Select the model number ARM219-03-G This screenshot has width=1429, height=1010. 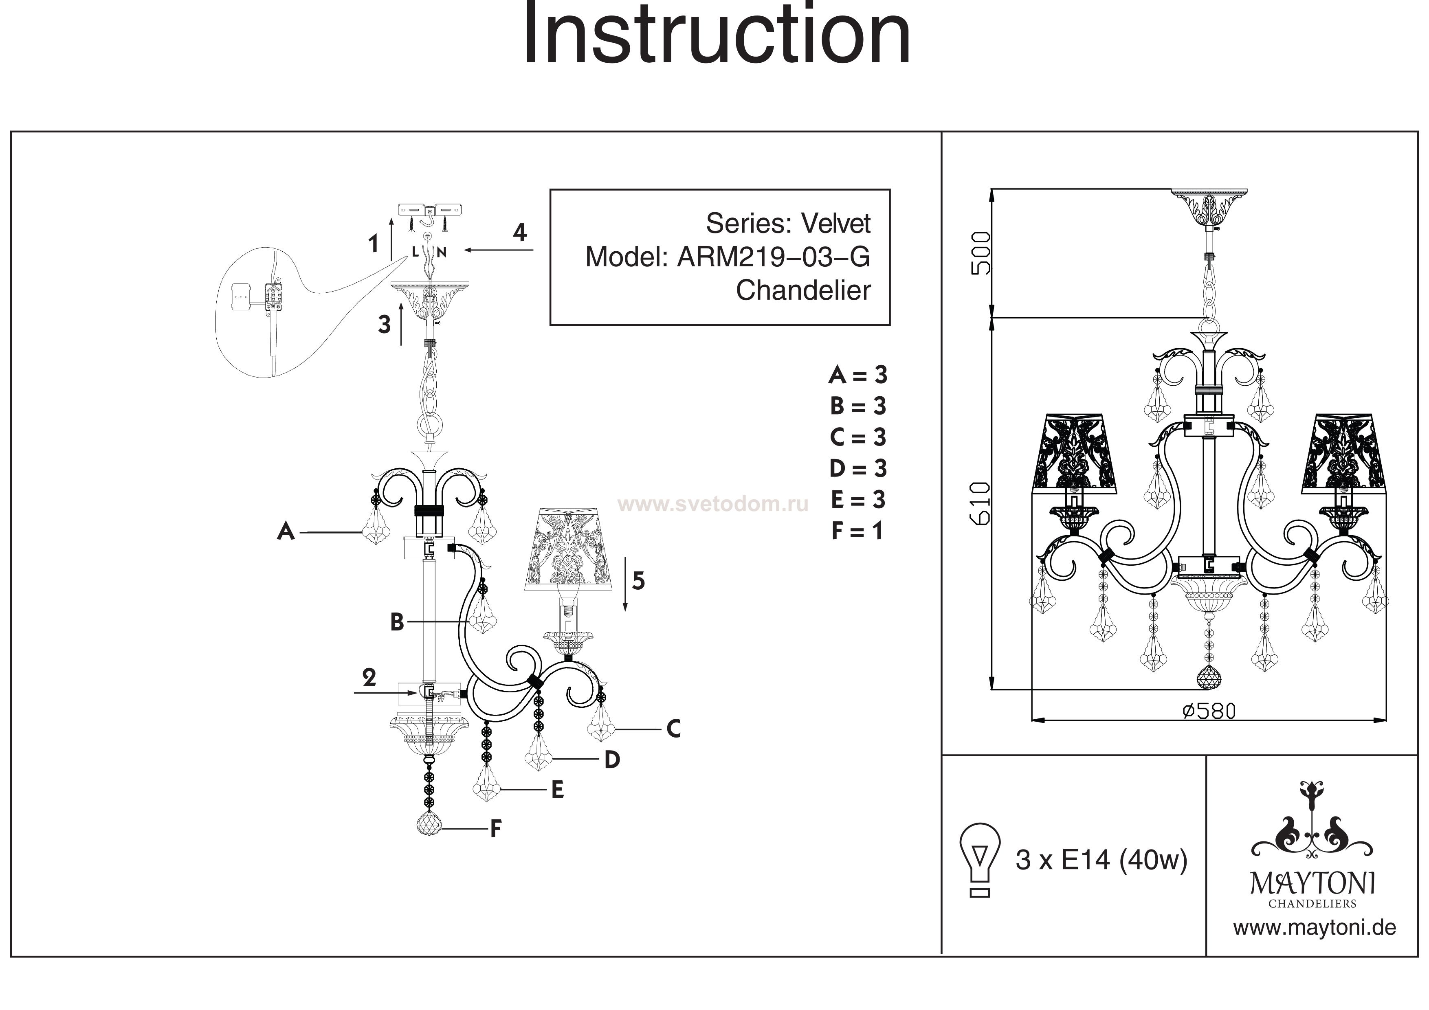pyautogui.click(x=773, y=257)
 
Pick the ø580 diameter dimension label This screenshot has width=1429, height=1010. pyautogui.click(x=1209, y=711)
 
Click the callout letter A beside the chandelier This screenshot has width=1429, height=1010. pyautogui.click(x=286, y=532)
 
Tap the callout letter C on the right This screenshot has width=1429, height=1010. pyautogui.click(x=673, y=729)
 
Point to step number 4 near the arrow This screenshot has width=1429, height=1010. pyautogui.click(x=520, y=233)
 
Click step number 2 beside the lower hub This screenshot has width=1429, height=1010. pyautogui.click(x=369, y=678)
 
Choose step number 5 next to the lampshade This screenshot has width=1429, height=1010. pyautogui.click(x=639, y=581)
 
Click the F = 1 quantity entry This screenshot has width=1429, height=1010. pyautogui.click(x=857, y=531)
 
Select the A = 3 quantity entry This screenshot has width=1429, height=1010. pyautogui.click(x=857, y=375)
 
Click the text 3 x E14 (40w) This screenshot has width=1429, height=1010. pyautogui.click(x=1101, y=861)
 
